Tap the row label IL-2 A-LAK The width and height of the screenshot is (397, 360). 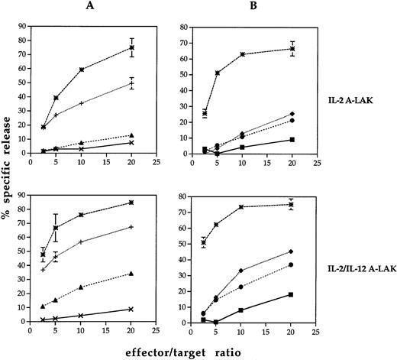[x=350, y=100]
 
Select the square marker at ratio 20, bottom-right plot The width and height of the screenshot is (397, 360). [x=291, y=294]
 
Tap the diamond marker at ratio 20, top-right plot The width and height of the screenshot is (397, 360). [x=291, y=114]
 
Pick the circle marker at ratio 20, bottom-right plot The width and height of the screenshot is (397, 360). [x=291, y=264]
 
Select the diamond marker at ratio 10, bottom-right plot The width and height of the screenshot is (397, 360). [x=242, y=271]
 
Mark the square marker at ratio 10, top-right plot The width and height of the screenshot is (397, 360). [x=242, y=147]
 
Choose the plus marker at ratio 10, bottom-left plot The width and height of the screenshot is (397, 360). [x=82, y=242]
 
